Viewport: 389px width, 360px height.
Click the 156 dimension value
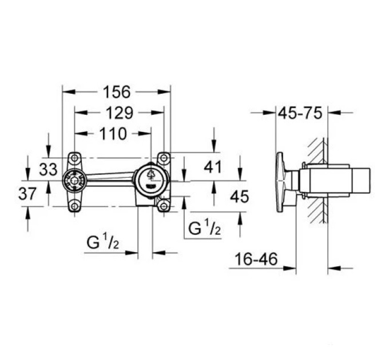pyautogui.click(x=116, y=91)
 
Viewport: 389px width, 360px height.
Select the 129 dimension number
pyautogui.click(x=120, y=113)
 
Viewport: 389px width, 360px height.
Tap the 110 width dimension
pyautogui.click(x=113, y=134)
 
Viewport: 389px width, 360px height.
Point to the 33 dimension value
pyautogui.click(x=48, y=170)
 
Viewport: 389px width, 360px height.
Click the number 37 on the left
pyautogui.click(x=27, y=194)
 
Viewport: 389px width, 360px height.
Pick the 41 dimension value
pyautogui.click(x=213, y=167)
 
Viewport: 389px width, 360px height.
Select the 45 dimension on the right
pyautogui.click(x=239, y=197)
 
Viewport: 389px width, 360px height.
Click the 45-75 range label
pyautogui.click(x=300, y=113)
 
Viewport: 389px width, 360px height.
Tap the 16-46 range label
pyautogui.click(x=256, y=259)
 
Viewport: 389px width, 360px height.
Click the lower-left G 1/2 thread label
pyautogui.click(x=103, y=242)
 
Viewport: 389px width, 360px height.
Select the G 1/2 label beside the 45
pyautogui.click(x=204, y=228)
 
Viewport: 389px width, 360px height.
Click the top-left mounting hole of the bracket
pyautogui.click(x=74, y=158)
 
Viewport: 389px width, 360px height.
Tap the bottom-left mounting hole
pyautogui.click(x=74, y=206)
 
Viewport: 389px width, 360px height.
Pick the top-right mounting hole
pyautogui.click(x=164, y=158)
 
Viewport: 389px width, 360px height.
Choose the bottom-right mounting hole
pyautogui.click(x=164, y=206)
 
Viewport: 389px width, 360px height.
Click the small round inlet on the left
pyautogui.click(x=74, y=181)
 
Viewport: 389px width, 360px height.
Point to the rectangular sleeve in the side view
pyautogui.click(x=335, y=181)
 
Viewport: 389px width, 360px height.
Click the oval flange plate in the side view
pyautogui.click(x=280, y=182)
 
